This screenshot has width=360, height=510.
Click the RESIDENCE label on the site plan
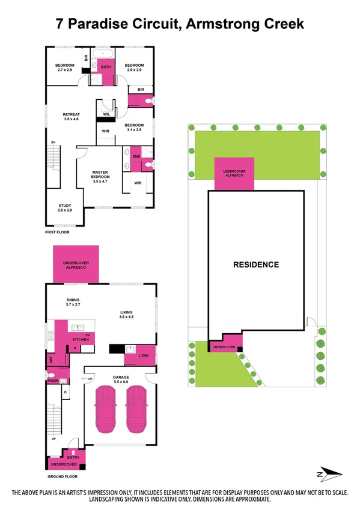[256, 264]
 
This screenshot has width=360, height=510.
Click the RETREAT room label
[72, 117]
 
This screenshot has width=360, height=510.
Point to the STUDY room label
[64, 207]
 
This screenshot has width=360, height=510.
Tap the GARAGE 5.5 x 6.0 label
[121, 379]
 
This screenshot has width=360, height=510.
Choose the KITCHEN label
[81, 340]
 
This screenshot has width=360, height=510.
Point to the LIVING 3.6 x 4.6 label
[126, 314]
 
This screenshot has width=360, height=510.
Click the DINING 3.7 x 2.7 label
[73, 303]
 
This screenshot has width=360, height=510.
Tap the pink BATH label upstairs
[106, 67]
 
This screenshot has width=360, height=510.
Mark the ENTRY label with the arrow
[73, 458]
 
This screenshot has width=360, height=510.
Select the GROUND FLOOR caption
[64, 476]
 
